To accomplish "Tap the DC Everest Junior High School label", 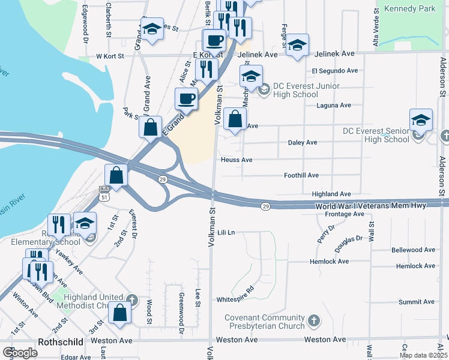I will (295, 90).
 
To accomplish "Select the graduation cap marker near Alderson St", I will (421, 120).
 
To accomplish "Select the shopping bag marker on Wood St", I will (120, 313).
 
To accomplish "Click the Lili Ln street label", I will (226, 232).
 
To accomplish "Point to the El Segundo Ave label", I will (334, 70).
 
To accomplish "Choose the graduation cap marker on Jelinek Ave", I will (297, 46).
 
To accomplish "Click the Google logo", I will (20, 353).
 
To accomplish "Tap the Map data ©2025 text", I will (423, 355).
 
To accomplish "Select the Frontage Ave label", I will (345, 214).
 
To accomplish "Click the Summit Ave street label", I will (416, 302).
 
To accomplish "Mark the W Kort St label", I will (110, 56).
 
